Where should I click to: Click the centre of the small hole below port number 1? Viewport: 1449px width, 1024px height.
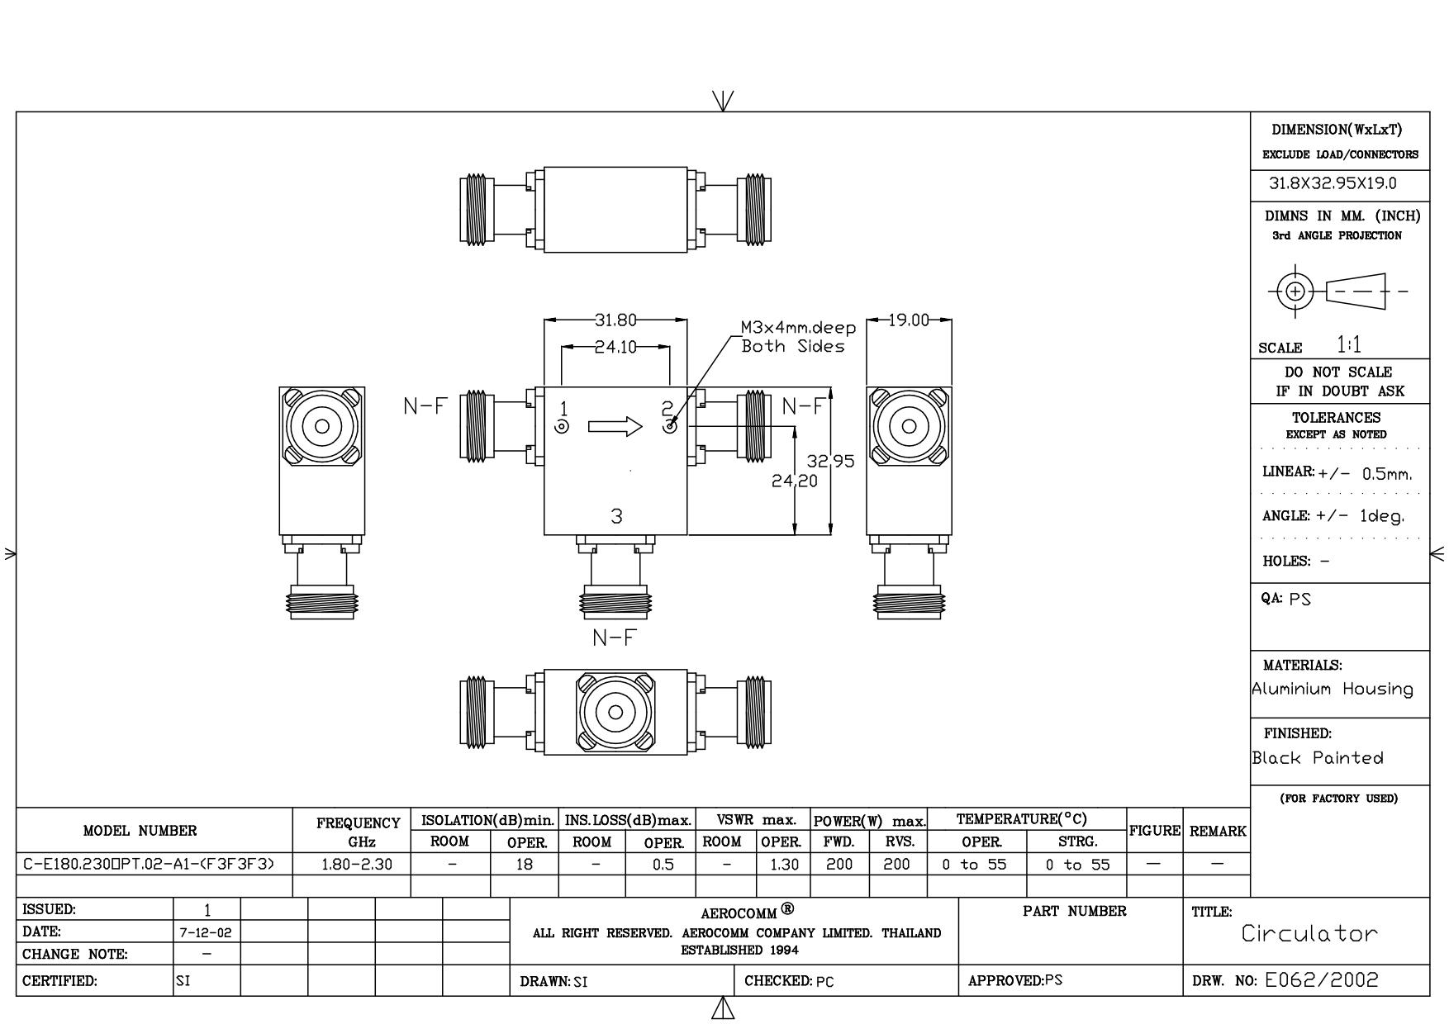[x=562, y=427]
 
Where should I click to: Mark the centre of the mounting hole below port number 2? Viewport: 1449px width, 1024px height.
[x=670, y=427]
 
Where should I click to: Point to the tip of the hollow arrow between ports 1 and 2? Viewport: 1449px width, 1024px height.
[x=642, y=426]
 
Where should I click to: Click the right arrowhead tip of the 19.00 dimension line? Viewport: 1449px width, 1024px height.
[x=952, y=320]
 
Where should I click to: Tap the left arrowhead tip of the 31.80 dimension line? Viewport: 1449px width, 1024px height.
[x=544, y=320]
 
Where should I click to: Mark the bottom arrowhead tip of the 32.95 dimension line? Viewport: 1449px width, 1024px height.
[x=831, y=535]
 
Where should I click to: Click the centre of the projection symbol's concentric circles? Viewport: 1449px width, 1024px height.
[x=1295, y=291]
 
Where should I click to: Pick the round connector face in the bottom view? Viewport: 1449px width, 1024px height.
[x=615, y=712]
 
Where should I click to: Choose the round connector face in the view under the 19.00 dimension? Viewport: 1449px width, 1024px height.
[x=909, y=426]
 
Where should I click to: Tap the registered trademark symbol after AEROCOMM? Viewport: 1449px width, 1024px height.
[x=788, y=909]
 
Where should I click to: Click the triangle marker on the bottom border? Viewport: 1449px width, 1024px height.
[x=723, y=1008]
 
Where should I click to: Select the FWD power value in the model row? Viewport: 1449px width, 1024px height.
[x=839, y=865]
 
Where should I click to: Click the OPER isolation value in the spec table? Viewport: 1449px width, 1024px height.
[x=524, y=865]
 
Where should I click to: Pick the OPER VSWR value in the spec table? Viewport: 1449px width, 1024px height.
[x=782, y=865]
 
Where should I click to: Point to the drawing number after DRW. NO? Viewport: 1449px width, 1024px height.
[x=1322, y=980]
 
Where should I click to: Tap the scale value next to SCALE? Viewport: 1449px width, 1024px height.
[x=1349, y=344]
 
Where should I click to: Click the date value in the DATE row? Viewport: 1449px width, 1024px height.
[x=207, y=932]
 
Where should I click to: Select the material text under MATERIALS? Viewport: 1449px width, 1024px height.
[x=1333, y=689]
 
